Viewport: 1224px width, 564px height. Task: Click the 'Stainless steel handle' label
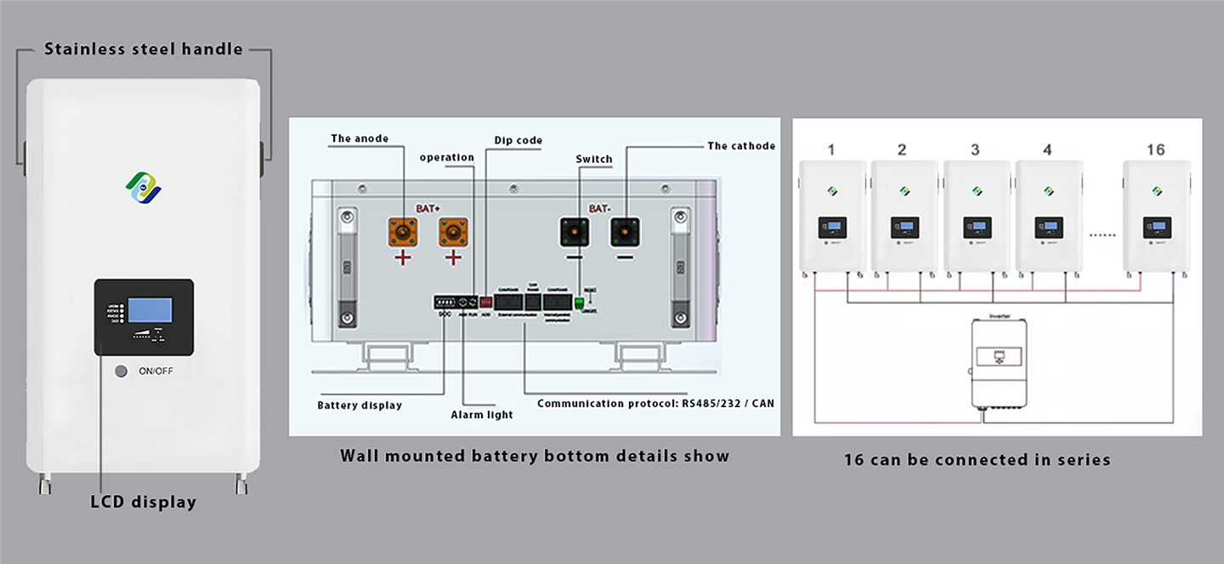[143, 49]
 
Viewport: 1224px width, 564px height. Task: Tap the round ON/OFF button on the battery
[122, 371]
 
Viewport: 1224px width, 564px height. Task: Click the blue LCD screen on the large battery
[149, 310]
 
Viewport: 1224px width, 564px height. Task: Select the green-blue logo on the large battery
[143, 187]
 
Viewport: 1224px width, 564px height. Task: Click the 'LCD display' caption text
[143, 502]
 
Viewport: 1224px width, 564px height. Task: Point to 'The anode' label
[360, 138]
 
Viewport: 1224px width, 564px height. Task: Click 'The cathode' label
[741, 146]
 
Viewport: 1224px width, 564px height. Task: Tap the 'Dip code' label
[518, 140]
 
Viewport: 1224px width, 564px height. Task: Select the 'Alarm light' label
[482, 415]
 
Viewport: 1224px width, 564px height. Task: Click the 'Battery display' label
[360, 405]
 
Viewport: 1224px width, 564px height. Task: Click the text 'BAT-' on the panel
[600, 207]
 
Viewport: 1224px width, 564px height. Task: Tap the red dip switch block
[486, 302]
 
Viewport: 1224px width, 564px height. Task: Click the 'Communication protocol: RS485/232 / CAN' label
[655, 403]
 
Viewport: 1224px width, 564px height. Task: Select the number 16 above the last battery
[1155, 149]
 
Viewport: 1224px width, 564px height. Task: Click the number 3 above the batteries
[974, 149]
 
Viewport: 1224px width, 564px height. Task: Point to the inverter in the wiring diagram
[1000, 364]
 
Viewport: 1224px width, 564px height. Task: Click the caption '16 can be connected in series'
[977, 460]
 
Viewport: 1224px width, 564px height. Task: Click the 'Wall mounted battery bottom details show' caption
[535, 456]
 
